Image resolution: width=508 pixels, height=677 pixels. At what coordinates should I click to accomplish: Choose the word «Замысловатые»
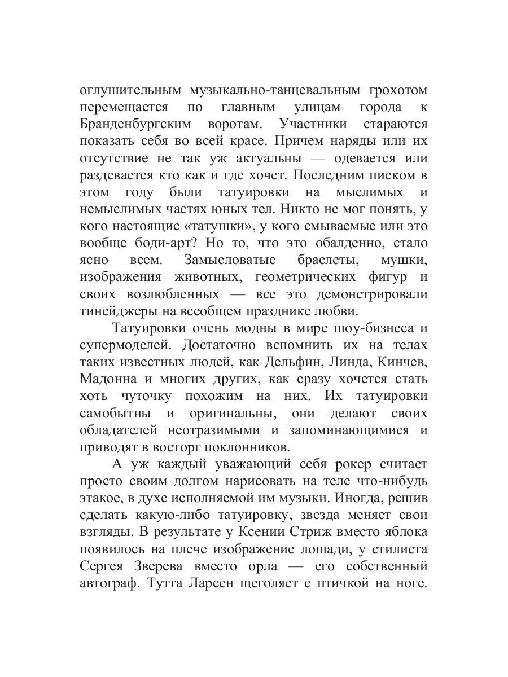click(230, 260)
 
